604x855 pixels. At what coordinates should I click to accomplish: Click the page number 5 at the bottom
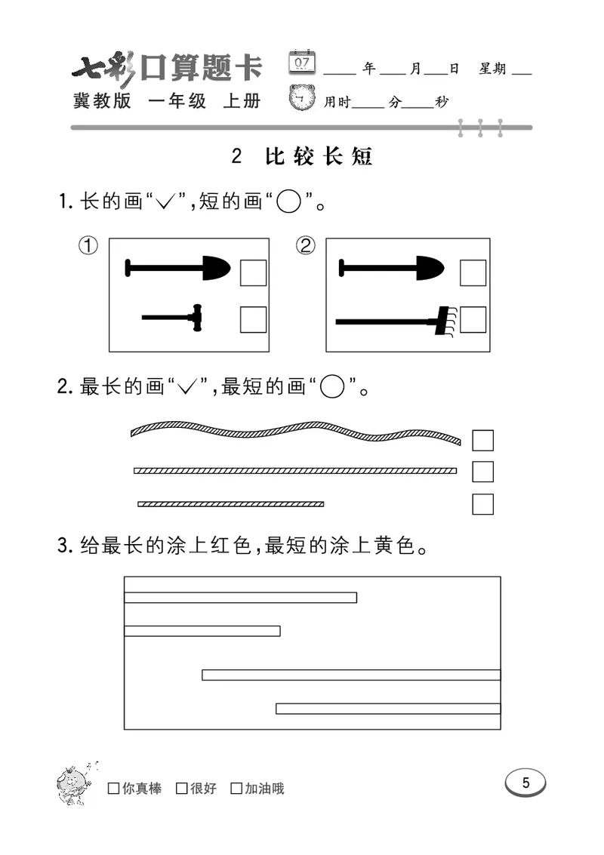pos(525,783)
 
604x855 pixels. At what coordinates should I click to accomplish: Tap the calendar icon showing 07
pos(302,61)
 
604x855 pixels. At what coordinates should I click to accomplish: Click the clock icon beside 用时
pos(304,99)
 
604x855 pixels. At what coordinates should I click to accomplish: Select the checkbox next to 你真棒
pos(114,789)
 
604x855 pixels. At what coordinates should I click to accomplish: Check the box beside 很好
pos(181,789)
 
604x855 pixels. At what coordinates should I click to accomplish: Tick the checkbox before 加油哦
pos(236,789)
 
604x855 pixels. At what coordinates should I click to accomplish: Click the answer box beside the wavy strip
pos(482,440)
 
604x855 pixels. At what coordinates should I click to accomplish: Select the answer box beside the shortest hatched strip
pos(482,503)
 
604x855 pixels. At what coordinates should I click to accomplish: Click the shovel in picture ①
pos(177,268)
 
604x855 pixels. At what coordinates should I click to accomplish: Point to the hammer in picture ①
pos(174,318)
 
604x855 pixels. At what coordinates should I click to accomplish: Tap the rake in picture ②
pos(393,321)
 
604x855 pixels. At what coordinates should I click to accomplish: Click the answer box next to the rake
pos(473,320)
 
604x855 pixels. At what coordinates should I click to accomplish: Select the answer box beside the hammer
pos(253,320)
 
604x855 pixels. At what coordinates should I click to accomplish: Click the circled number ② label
pos(306,246)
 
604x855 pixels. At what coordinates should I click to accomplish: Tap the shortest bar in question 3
pos(202,631)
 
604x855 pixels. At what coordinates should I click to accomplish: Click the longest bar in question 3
pos(351,675)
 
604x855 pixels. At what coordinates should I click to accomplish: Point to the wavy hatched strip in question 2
pos(294,433)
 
